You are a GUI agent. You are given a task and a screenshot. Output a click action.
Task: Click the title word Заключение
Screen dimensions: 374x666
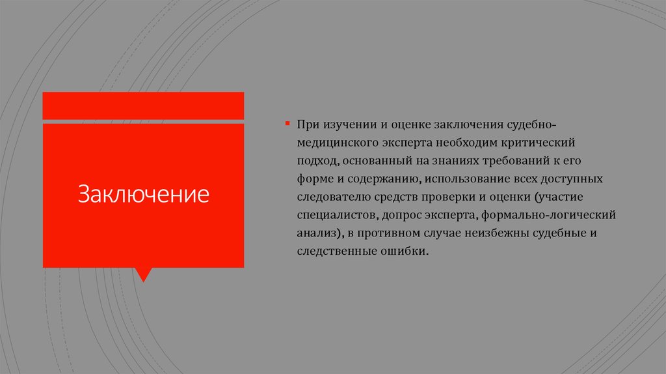(x=144, y=194)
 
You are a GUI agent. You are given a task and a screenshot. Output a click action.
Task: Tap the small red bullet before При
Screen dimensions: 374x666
(x=286, y=122)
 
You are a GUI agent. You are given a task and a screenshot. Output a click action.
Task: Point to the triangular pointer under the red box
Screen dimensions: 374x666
(x=144, y=274)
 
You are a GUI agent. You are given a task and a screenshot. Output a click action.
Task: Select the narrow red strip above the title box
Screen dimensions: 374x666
(x=144, y=106)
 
